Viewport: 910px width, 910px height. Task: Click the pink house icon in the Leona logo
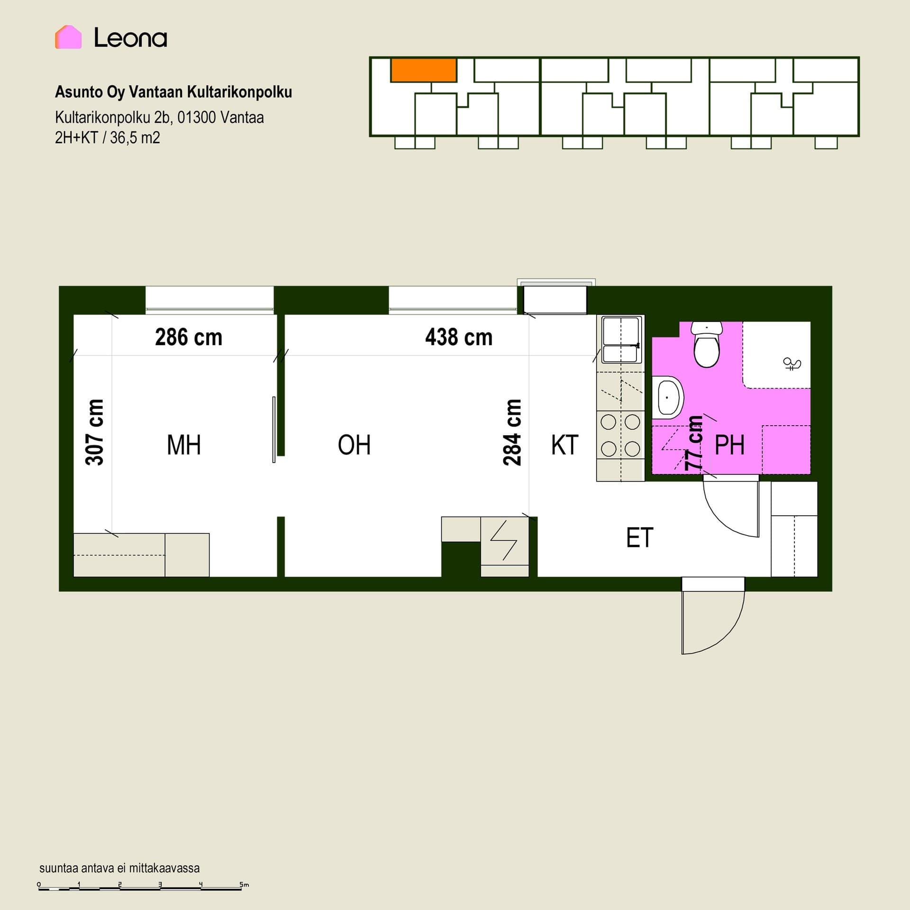click(x=68, y=37)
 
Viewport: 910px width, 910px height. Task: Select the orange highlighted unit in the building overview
click(x=424, y=70)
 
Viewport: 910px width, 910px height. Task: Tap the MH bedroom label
click(x=184, y=445)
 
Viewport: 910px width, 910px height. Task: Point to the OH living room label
click(x=354, y=445)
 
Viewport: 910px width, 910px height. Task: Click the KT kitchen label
click(x=564, y=445)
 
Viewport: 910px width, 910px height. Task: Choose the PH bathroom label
click(x=729, y=445)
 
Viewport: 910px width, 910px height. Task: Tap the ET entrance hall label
click(x=640, y=537)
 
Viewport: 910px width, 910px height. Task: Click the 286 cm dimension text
click(x=189, y=337)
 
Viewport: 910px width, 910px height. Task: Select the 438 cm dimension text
click(x=459, y=337)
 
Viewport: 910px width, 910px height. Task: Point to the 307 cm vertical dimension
click(x=94, y=432)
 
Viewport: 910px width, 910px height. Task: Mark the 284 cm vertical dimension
click(x=512, y=432)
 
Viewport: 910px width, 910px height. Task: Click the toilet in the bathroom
click(x=707, y=345)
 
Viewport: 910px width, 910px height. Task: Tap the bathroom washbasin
click(x=668, y=398)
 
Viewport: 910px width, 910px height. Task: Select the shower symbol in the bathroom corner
click(x=792, y=364)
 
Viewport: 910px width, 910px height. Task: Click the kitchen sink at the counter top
click(x=620, y=339)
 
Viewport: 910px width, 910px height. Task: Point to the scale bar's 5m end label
click(x=244, y=884)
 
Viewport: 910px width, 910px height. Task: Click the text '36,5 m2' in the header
click(x=135, y=138)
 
